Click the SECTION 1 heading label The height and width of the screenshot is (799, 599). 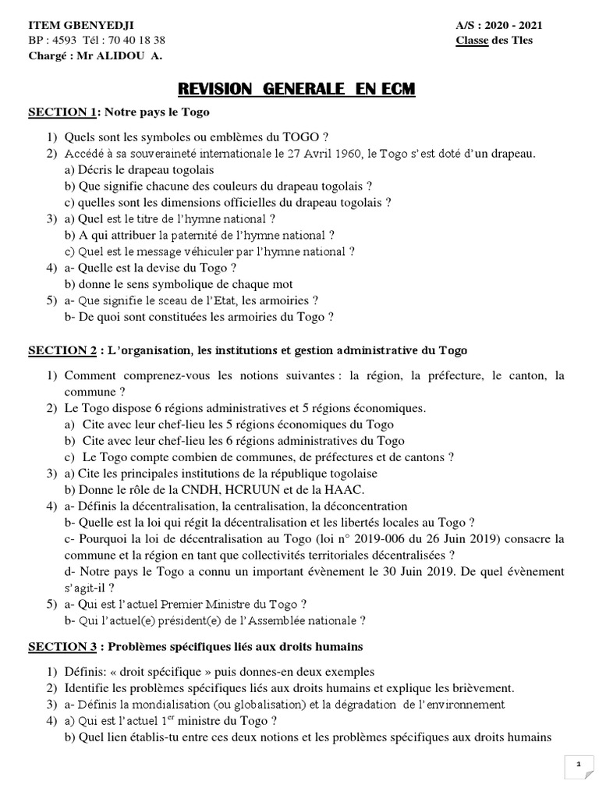coord(62,112)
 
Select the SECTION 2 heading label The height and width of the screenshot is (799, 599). coord(62,350)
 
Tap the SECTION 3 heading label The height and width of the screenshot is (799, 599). coord(62,647)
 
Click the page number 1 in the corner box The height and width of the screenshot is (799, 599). coord(578,765)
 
